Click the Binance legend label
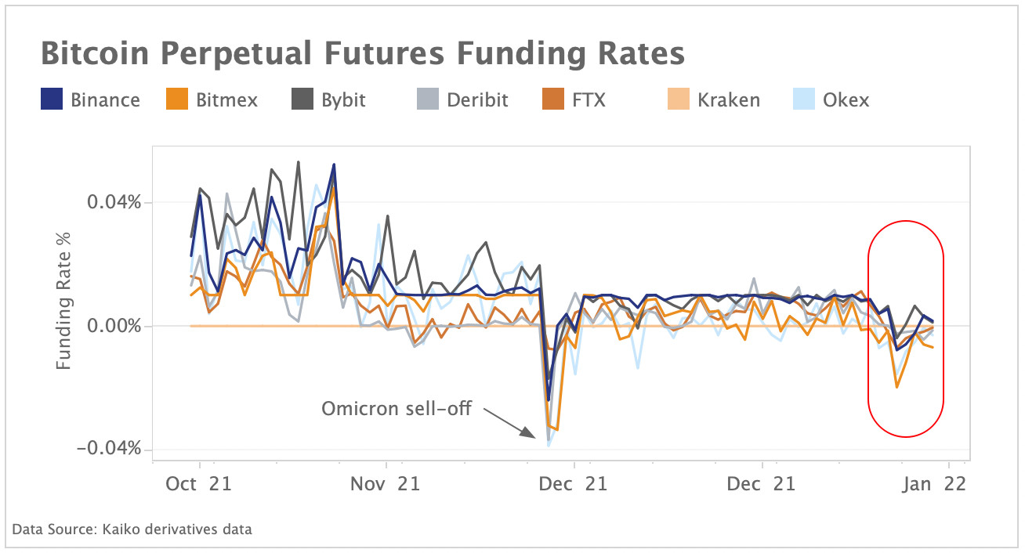click(x=105, y=100)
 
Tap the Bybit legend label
click(x=343, y=100)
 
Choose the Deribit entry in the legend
click(x=477, y=100)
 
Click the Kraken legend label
click(x=730, y=100)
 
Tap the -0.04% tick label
click(x=110, y=449)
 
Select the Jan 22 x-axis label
click(x=933, y=484)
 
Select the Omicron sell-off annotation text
click(x=397, y=409)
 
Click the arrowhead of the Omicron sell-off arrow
click(x=538, y=439)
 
